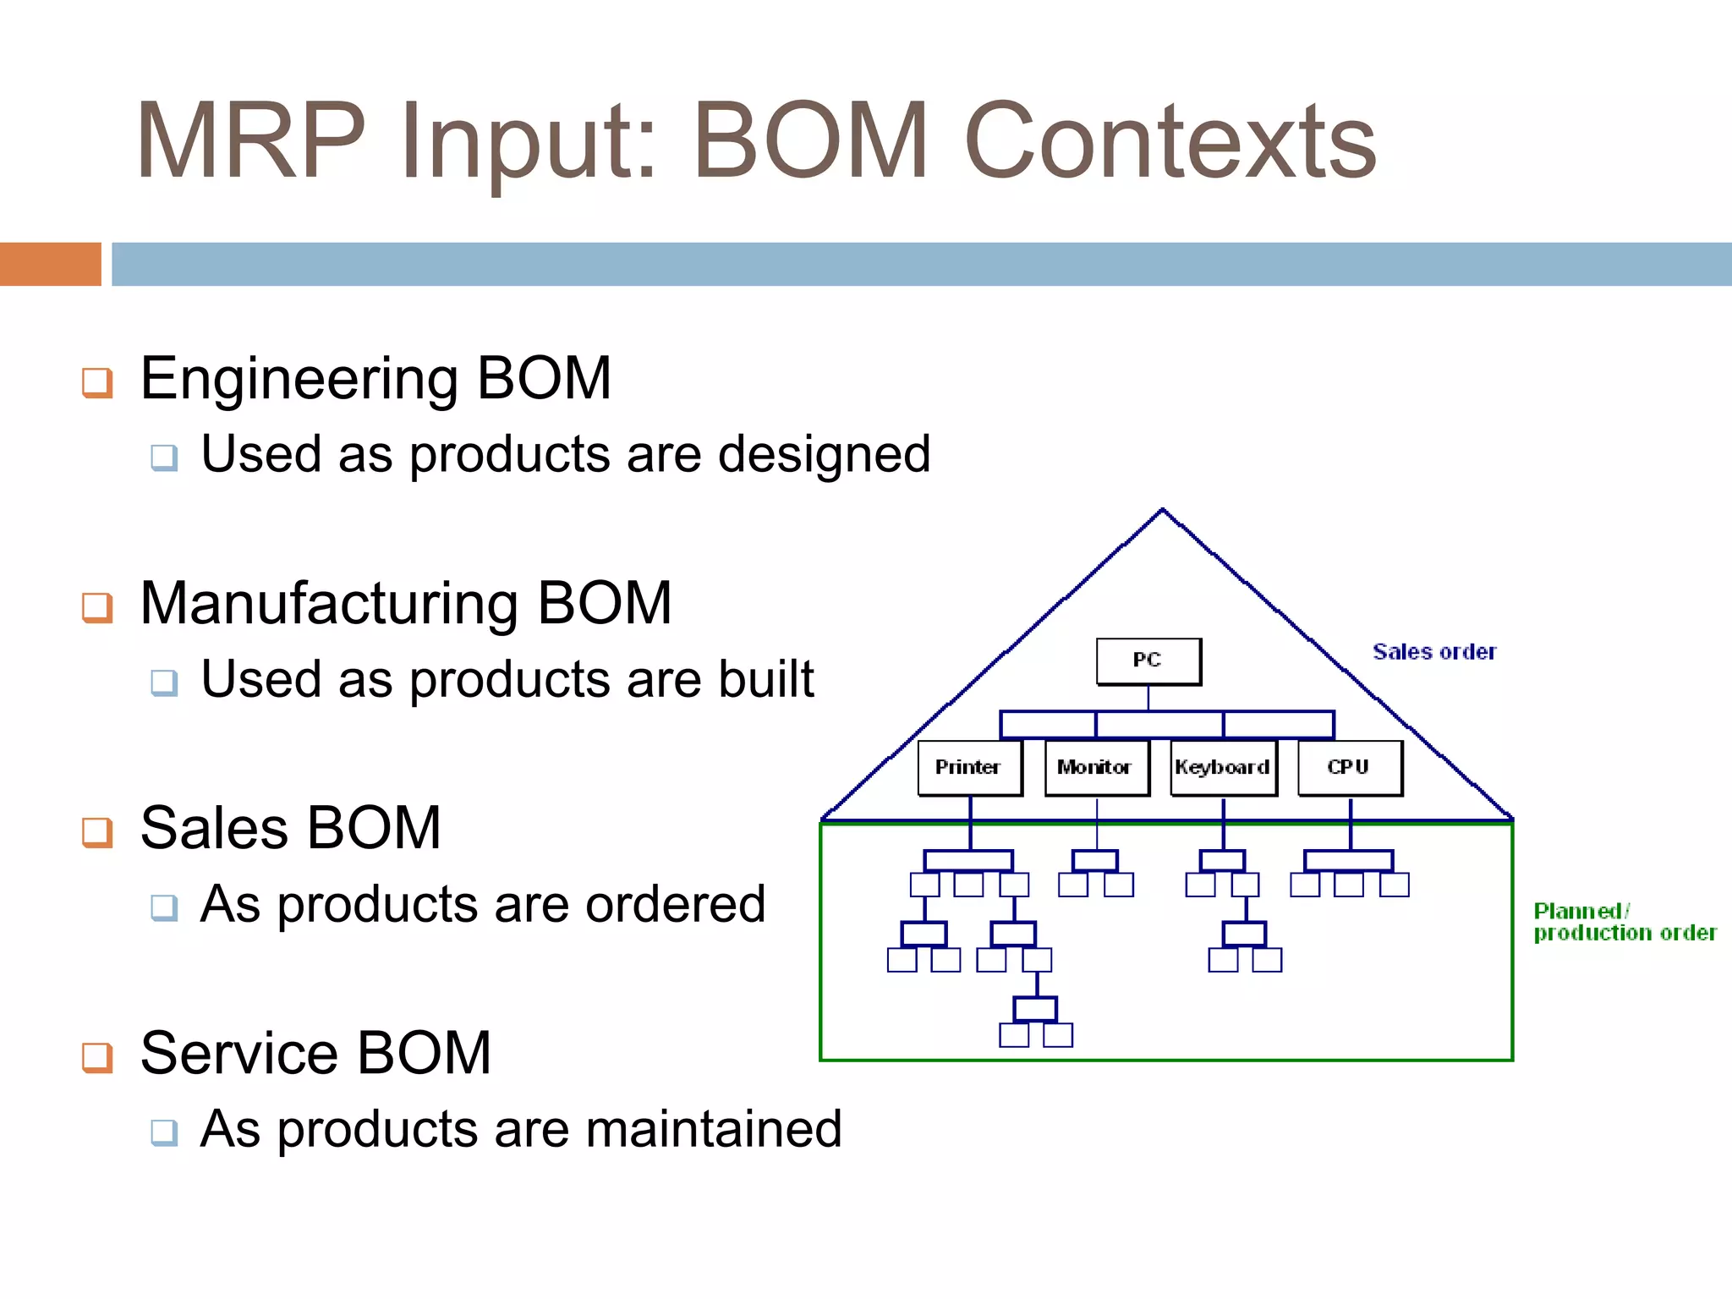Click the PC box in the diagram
(1148, 660)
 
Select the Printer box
(969, 767)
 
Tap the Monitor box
(1096, 767)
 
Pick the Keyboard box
(1222, 767)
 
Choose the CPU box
(1349, 767)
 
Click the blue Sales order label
(1434, 652)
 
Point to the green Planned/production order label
(1624, 922)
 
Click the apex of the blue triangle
(1163, 510)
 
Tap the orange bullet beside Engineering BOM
(97, 382)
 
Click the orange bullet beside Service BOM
(97, 1057)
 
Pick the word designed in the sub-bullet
(824, 454)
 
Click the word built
(765, 679)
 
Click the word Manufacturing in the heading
(330, 604)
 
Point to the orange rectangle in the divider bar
(50, 264)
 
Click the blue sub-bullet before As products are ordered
(164, 907)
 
